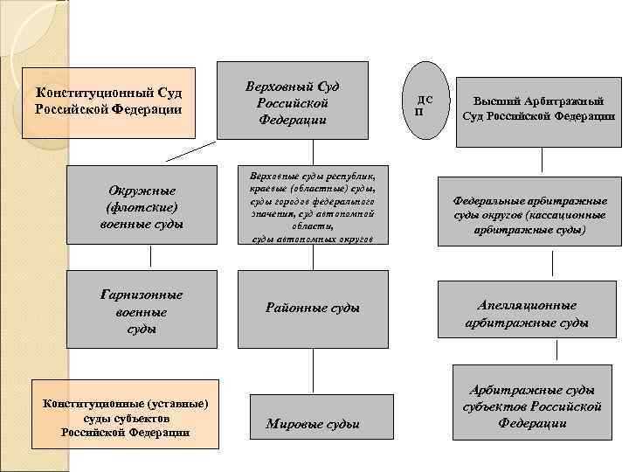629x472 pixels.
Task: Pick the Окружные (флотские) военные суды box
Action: [142, 207]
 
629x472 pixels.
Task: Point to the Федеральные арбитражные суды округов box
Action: [530, 213]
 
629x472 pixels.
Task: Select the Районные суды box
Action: [312, 309]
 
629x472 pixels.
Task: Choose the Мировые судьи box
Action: [313, 424]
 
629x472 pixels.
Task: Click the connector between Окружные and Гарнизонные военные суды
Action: [152, 256]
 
